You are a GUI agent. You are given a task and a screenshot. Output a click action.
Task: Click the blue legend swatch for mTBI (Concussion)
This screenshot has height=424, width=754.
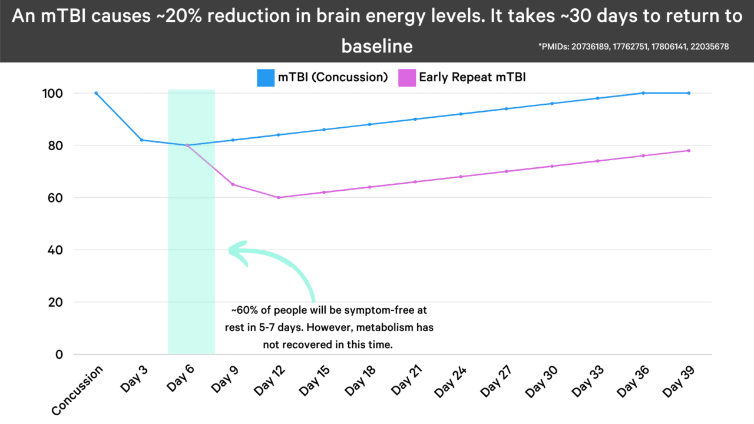[266, 78]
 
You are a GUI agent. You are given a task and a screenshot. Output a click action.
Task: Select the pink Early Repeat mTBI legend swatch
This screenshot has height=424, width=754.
[408, 78]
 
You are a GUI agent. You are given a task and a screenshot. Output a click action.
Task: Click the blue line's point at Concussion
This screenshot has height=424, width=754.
[96, 93]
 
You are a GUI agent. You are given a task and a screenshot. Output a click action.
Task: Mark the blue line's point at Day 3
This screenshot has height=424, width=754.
[142, 140]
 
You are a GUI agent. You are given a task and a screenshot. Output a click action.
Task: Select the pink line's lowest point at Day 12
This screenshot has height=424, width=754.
[279, 197]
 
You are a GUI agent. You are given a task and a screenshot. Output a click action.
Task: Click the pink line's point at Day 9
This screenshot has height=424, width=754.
[233, 184]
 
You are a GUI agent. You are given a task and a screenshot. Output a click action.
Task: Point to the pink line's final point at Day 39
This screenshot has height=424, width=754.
[689, 150]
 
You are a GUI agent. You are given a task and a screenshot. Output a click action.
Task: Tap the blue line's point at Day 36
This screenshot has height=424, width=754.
[643, 93]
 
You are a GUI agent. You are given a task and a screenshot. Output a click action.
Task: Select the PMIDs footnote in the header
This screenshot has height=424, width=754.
[634, 47]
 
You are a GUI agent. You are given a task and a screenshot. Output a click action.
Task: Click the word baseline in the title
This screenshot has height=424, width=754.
[377, 46]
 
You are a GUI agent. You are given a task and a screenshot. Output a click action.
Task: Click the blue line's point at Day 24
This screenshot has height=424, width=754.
[461, 114]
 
